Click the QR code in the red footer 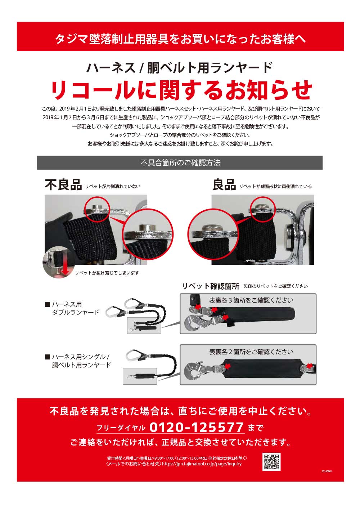[271, 461]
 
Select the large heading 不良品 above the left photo [63, 185]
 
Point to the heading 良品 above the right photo [224, 185]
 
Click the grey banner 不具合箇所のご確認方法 [180, 162]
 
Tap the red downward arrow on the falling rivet [65, 268]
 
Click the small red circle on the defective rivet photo [97, 209]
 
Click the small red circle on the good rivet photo [263, 209]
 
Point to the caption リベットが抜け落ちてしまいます [107, 273]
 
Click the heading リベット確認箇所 [210, 286]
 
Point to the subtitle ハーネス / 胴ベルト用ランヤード [180, 68]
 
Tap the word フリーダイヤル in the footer [121, 428]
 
